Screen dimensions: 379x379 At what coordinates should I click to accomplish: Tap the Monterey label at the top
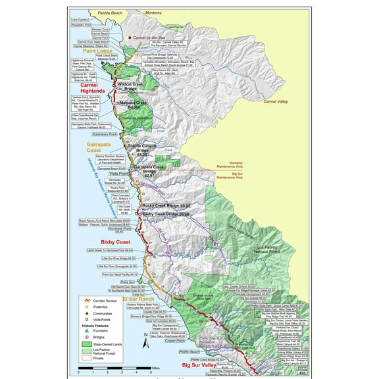(x=154, y=13)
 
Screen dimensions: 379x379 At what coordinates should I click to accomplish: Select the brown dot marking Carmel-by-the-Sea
(x=130, y=38)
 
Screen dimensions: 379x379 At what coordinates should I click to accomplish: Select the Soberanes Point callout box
(x=95, y=134)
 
